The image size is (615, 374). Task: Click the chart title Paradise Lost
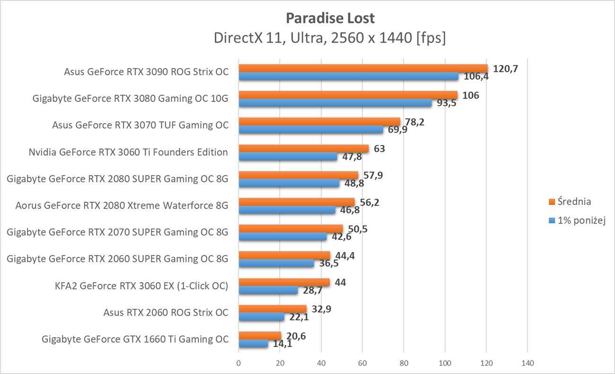330,18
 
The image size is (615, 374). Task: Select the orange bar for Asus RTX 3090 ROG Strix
363,68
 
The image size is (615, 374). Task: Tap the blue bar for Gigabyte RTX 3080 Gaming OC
335,103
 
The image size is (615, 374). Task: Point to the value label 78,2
414,122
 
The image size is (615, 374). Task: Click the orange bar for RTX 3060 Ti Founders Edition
303,149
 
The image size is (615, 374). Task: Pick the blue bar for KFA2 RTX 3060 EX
268,290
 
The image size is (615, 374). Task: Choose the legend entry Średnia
574,202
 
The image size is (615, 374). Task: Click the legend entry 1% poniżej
579,220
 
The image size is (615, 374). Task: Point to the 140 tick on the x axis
527,363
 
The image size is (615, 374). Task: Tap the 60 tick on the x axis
362,363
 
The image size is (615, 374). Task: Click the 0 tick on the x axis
238,363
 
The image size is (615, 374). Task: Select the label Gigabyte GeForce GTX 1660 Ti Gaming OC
135,339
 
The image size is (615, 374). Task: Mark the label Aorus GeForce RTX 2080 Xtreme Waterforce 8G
122,205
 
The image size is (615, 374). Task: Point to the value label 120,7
505,69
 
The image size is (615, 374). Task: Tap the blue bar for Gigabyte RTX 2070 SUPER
282,237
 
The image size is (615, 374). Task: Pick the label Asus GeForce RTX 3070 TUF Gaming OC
140,125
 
